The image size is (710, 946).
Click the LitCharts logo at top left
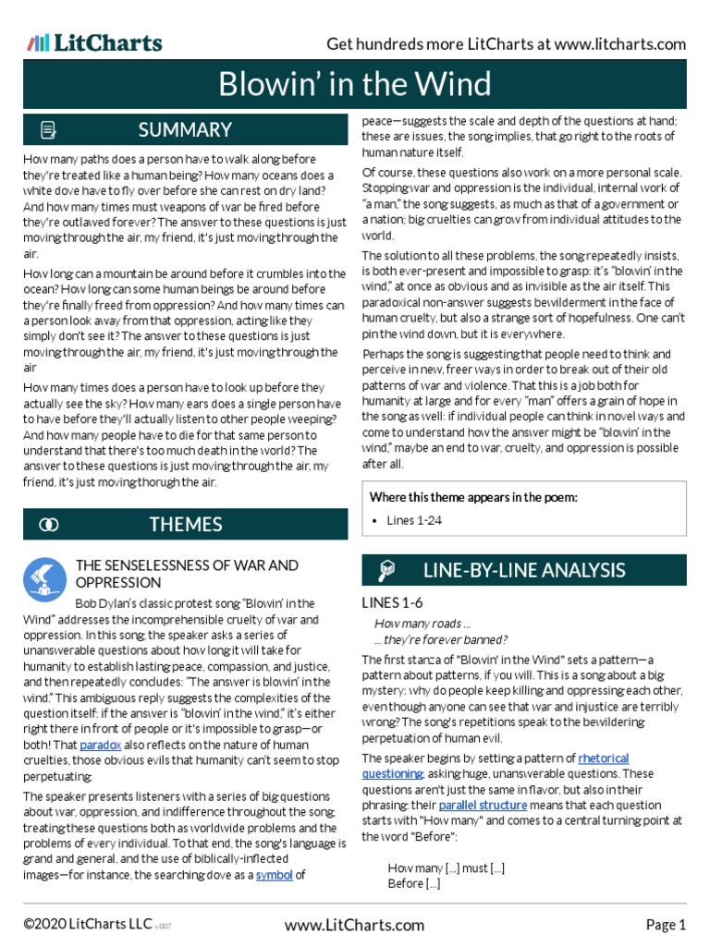pos(94,42)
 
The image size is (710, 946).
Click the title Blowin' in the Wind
pos(355,85)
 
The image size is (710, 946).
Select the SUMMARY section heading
pos(185,130)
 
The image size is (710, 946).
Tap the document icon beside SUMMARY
pos(49,130)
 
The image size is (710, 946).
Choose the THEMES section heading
pos(186,525)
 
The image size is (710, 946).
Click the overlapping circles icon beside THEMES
pos(49,525)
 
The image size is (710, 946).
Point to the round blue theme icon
pos(45,580)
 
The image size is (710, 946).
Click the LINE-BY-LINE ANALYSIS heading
pos(523,570)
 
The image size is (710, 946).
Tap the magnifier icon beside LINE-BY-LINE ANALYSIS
pos(387,571)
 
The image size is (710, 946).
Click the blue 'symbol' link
pos(274,875)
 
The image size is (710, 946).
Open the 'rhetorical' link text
pos(604,758)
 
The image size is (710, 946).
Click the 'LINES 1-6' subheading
pos(392,602)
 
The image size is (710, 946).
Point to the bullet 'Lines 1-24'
pos(413,520)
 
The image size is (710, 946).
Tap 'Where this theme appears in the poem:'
pos(473,497)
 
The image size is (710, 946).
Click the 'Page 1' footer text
pos(666,925)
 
